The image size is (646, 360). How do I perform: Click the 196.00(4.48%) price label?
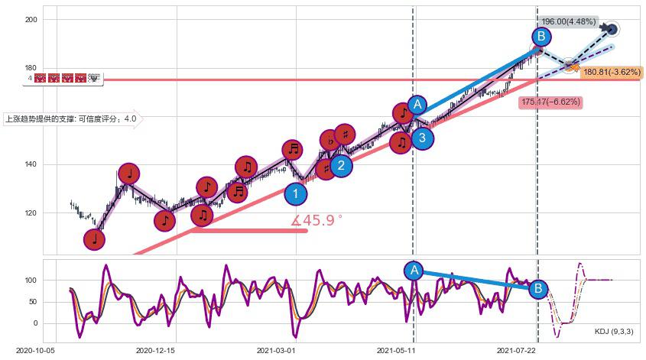[567, 21]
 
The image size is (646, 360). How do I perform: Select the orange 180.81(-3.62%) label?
[612, 72]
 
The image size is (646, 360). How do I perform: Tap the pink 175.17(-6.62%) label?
[550, 102]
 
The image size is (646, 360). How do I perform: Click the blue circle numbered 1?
[295, 194]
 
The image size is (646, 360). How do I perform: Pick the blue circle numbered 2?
[342, 165]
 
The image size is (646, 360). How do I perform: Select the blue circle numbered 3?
[422, 138]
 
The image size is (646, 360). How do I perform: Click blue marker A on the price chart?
[417, 104]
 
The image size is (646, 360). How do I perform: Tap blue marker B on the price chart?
[540, 37]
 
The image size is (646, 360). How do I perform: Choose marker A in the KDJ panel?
[414, 270]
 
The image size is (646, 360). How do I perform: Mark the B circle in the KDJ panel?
[537, 288]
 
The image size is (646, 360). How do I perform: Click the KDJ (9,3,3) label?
[613, 332]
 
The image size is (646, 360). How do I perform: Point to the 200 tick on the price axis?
[30, 19]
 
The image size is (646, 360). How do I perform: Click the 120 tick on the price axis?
[30, 213]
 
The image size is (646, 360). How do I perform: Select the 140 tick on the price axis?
[30, 164]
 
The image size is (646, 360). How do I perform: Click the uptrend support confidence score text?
[71, 118]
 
